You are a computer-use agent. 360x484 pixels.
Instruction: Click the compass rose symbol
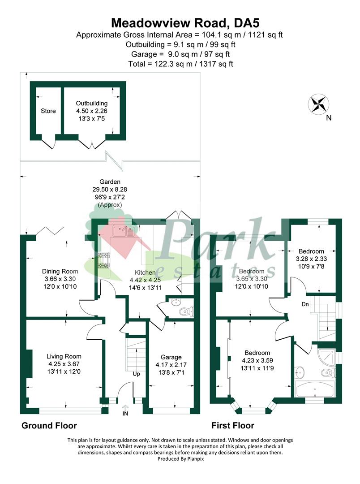click(x=319, y=104)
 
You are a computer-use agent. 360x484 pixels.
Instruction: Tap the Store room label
click(x=48, y=111)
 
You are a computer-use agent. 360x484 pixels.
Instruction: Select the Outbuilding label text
click(x=92, y=103)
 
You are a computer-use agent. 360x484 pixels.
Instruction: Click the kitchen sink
click(x=124, y=231)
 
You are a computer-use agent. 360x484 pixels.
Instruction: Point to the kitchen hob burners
click(x=103, y=260)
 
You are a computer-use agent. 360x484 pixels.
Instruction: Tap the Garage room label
click(x=171, y=357)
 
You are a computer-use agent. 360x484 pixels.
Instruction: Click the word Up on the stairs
click(x=137, y=374)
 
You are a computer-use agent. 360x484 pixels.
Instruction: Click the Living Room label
click(x=64, y=357)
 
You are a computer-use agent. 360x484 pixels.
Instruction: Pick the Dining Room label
click(x=60, y=271)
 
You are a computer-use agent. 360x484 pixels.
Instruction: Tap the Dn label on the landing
click(x=305, y=304)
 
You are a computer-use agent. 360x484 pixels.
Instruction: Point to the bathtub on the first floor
click(x=315, y=389)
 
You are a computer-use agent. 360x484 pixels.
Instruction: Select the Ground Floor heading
click(x=49, y=426)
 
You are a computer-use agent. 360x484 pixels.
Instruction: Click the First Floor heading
click(x=232, y=426)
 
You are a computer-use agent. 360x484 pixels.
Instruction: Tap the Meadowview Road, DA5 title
click(x=185, y=23)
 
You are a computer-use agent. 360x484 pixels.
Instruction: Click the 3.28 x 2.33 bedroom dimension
click(x=311, y=259)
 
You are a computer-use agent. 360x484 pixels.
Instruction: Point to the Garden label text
click(x=110, y=182)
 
